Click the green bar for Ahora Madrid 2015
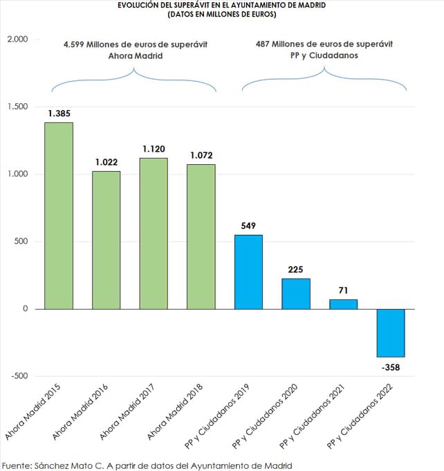tap(59, 215)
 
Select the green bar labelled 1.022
tap(106, 240)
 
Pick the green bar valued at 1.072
tap(201, 236)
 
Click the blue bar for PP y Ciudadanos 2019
tap(248, 272)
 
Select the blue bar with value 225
tap(296, 294)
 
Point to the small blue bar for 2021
tap(343, 304)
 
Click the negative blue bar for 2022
tap(391, 332)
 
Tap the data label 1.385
tap(59, 112)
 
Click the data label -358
tap(391, 367)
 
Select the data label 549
tap(248, 225)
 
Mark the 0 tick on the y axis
tap(24, 309)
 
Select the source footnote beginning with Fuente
tap(147, 465)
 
